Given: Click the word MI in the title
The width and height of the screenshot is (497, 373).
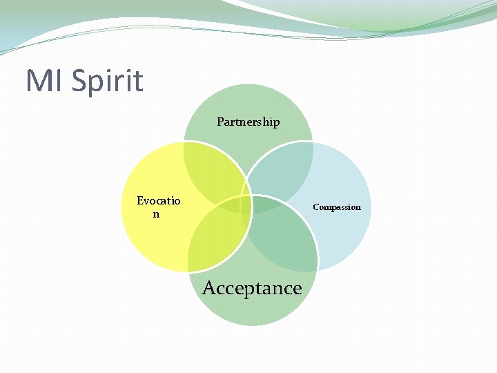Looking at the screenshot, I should coord(44,81).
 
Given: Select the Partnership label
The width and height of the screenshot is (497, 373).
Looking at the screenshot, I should coord(248,122).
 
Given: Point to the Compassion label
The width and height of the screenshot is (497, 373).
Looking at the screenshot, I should coord(337,207).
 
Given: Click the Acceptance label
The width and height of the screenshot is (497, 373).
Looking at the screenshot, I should coord(252,288).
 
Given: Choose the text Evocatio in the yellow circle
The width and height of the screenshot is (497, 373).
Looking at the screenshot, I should coord(159,201).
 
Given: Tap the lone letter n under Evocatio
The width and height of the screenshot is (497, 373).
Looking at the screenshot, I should coord(156,214).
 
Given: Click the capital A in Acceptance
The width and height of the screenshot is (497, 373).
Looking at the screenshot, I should coord(209,287).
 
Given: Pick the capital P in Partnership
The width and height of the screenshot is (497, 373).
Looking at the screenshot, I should coord(220,122).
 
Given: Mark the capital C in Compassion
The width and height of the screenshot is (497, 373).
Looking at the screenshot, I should coord(316,207).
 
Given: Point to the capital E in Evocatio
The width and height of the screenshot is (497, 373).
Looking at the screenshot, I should coord(140,201).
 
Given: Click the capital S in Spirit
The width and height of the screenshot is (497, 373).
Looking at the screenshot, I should coord(77,81).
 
